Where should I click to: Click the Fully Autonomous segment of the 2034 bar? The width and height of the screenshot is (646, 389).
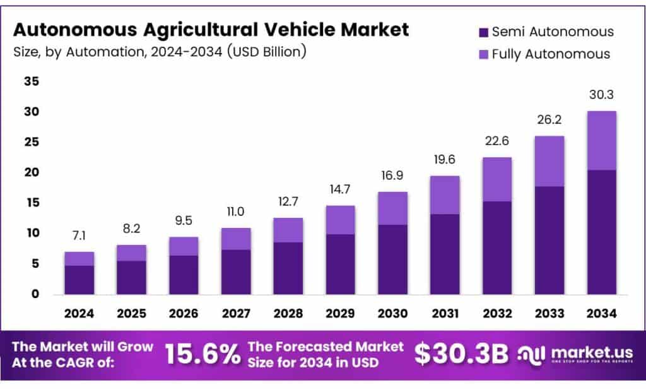point(601,140)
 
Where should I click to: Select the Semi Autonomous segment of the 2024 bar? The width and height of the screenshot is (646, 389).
point(79,280)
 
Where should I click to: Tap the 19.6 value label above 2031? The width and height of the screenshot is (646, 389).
point(445,160)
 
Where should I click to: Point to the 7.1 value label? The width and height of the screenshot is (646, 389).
point(79,236)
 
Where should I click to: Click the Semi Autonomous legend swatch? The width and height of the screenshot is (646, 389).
point(483,32)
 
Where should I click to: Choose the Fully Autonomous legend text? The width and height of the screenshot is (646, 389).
point(551,54)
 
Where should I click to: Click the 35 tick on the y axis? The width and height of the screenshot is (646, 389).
point(32,81)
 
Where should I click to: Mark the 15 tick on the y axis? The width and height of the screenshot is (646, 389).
point(32,203)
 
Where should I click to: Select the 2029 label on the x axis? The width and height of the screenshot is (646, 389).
point(340,313)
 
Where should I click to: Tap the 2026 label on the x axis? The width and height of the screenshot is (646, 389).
point(184,313)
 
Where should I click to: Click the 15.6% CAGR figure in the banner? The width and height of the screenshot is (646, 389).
point(203,355)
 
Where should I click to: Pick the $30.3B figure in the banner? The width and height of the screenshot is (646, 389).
point(461,355)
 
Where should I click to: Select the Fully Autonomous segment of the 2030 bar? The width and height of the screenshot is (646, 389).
point(392,208)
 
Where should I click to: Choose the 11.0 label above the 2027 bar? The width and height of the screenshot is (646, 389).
point(236,212)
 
